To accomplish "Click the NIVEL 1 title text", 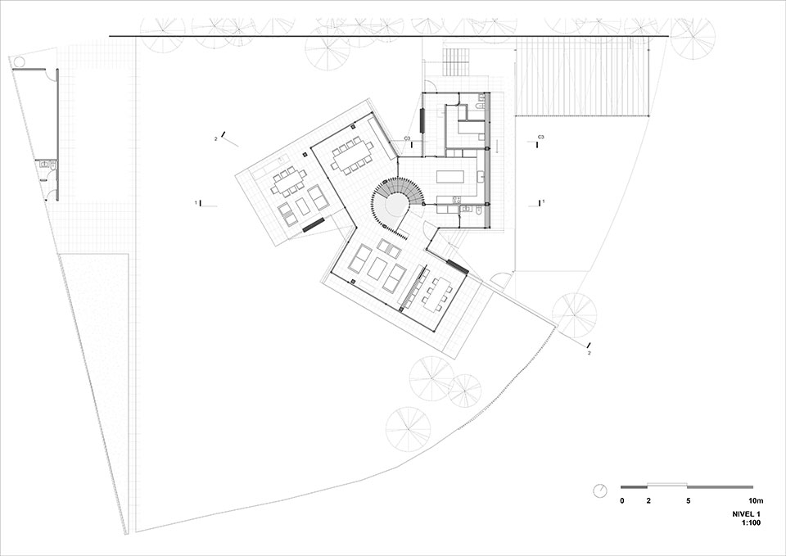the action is point(747,514).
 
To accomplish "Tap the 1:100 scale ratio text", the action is point(752,523).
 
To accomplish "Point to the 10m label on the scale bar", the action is point(756,500).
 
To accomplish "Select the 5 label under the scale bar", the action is point(689,500).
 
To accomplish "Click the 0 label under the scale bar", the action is point(622,500).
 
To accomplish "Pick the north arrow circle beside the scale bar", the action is point(600,490).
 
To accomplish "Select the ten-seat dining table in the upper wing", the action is point(351,156).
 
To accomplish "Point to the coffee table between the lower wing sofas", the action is point(377,269).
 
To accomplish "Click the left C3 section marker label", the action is point(407,138).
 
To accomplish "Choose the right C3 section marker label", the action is point(541,137).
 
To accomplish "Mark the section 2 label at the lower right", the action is point(589,353).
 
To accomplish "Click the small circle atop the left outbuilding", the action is point(19,62).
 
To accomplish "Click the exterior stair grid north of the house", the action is point(456,62).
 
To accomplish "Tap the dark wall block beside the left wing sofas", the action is point(314,224).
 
